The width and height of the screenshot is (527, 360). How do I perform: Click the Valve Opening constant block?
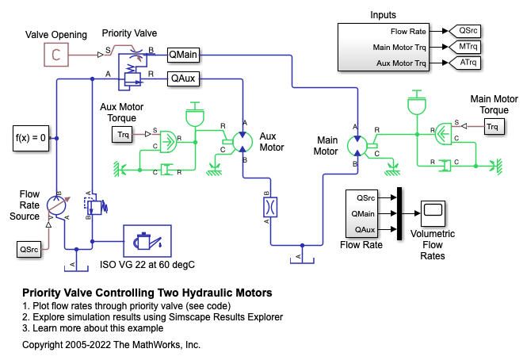point(55,55)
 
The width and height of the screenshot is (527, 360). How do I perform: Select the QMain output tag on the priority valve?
point(184,55)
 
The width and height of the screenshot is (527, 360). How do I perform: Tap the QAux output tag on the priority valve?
point(183,78)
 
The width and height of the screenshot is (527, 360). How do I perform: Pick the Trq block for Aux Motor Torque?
point(124,136)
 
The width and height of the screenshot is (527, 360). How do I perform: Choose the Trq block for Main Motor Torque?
point(494,127)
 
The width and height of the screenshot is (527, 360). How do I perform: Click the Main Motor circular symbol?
point(357,147)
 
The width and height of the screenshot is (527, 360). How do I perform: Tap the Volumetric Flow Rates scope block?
point(433,213)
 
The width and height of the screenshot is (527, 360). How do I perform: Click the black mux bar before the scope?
point(401,213)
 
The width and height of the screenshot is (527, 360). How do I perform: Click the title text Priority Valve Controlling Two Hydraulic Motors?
point(147,293)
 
